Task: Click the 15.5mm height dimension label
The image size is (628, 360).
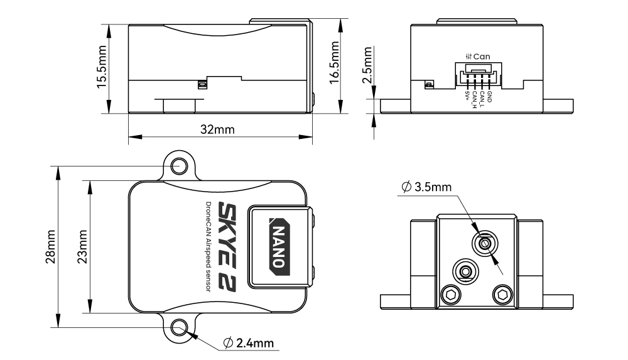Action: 102,68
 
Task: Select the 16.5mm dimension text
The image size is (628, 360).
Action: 335,61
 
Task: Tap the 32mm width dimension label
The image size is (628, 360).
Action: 217,129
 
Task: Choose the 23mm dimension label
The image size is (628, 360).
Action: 82,246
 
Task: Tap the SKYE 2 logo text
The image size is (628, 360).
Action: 227,246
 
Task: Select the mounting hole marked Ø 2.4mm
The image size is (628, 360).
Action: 180,327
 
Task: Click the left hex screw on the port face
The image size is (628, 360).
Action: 450,293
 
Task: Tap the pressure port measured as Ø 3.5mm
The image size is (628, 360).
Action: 484,243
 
